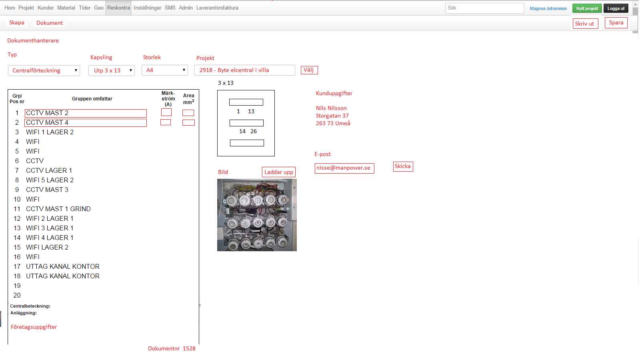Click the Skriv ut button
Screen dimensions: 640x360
pos(585,24)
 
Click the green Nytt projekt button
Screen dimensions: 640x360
pos(587,8)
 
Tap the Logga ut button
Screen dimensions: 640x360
pos(616,8)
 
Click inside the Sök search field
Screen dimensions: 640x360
pos(484,8)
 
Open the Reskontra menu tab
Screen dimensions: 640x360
pos(118,8)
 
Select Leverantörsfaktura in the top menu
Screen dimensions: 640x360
pos(217,8)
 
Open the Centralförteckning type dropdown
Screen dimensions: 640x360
pos(44,70)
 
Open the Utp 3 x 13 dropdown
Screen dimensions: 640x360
pos(112,70)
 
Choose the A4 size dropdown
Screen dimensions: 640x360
pos(164,70)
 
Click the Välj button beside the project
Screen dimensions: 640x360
pos(309,70)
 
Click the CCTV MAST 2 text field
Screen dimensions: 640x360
pos(86,113)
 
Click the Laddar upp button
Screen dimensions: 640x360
pos(278,172)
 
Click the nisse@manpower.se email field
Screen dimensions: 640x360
pos(344,168)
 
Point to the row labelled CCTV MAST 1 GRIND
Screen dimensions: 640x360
pos(58,209)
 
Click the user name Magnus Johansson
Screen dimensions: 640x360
pos(548,8)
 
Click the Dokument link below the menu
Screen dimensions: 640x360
pos(50,23)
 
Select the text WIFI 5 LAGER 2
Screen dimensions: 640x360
pos(50,180)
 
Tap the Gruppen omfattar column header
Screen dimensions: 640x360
pos(92,98)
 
